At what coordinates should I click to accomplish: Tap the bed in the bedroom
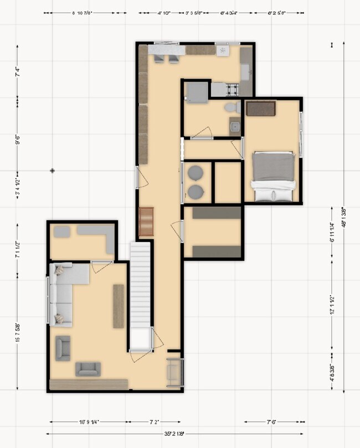point(273,176)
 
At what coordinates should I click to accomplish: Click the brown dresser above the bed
point(261,109)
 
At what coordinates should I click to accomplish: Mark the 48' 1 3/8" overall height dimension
point(344,225)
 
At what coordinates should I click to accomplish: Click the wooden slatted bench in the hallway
point(146,222)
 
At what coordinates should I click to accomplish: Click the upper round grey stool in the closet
point(196,173)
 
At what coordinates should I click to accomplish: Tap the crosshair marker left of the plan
point(52,171)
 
